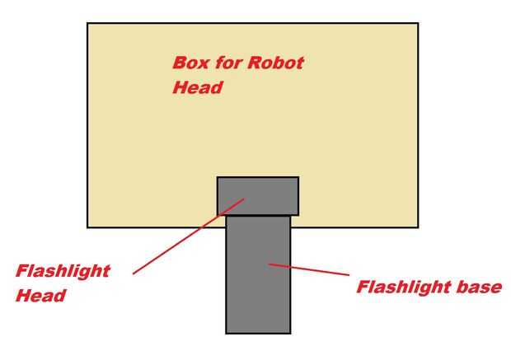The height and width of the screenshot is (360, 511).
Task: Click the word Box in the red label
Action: tap(190, 63)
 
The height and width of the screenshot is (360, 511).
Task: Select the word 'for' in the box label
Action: tap(226, 63)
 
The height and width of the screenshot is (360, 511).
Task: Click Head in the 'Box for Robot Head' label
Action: tap(197, 87)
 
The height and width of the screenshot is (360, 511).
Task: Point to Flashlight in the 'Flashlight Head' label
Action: tap(63, 272)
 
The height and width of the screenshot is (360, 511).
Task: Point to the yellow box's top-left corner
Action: tap(87, 23)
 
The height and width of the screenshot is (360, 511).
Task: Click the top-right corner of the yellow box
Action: tap(418, 23)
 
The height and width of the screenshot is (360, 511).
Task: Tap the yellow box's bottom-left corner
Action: tap(87, 227)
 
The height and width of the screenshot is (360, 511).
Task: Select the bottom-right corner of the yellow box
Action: tap(418, 227)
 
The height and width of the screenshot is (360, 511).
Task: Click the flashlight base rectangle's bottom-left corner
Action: tap(227, 333)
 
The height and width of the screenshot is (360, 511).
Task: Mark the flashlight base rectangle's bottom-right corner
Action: tap(290, 333)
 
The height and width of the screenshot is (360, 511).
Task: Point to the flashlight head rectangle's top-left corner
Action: tap(218, 177)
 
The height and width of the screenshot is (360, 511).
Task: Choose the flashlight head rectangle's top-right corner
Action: tap(298, 177)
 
